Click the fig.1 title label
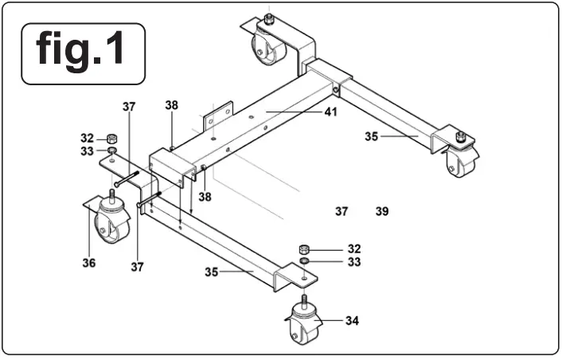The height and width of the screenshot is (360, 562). [83, 53]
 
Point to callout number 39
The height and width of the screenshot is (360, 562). [382, 212]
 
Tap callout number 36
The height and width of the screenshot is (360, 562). [89, 263]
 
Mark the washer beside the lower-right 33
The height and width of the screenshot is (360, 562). [304, 260]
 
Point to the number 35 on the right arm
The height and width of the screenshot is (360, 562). [371, 136]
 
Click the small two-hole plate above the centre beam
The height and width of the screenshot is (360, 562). [216, 117]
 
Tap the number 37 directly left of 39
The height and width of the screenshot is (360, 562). [341, 212]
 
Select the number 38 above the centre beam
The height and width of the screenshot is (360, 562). [172, 104]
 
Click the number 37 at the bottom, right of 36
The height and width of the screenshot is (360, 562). [137, 267]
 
